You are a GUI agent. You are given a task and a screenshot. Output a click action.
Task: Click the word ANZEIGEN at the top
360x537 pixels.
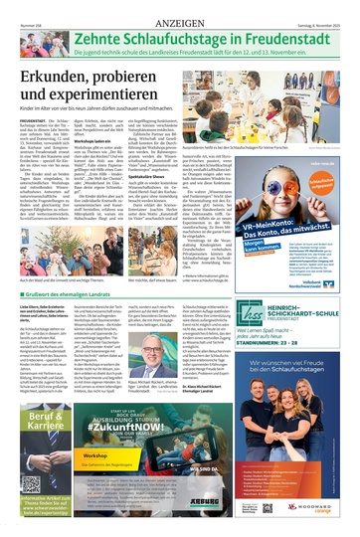[179, 7]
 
